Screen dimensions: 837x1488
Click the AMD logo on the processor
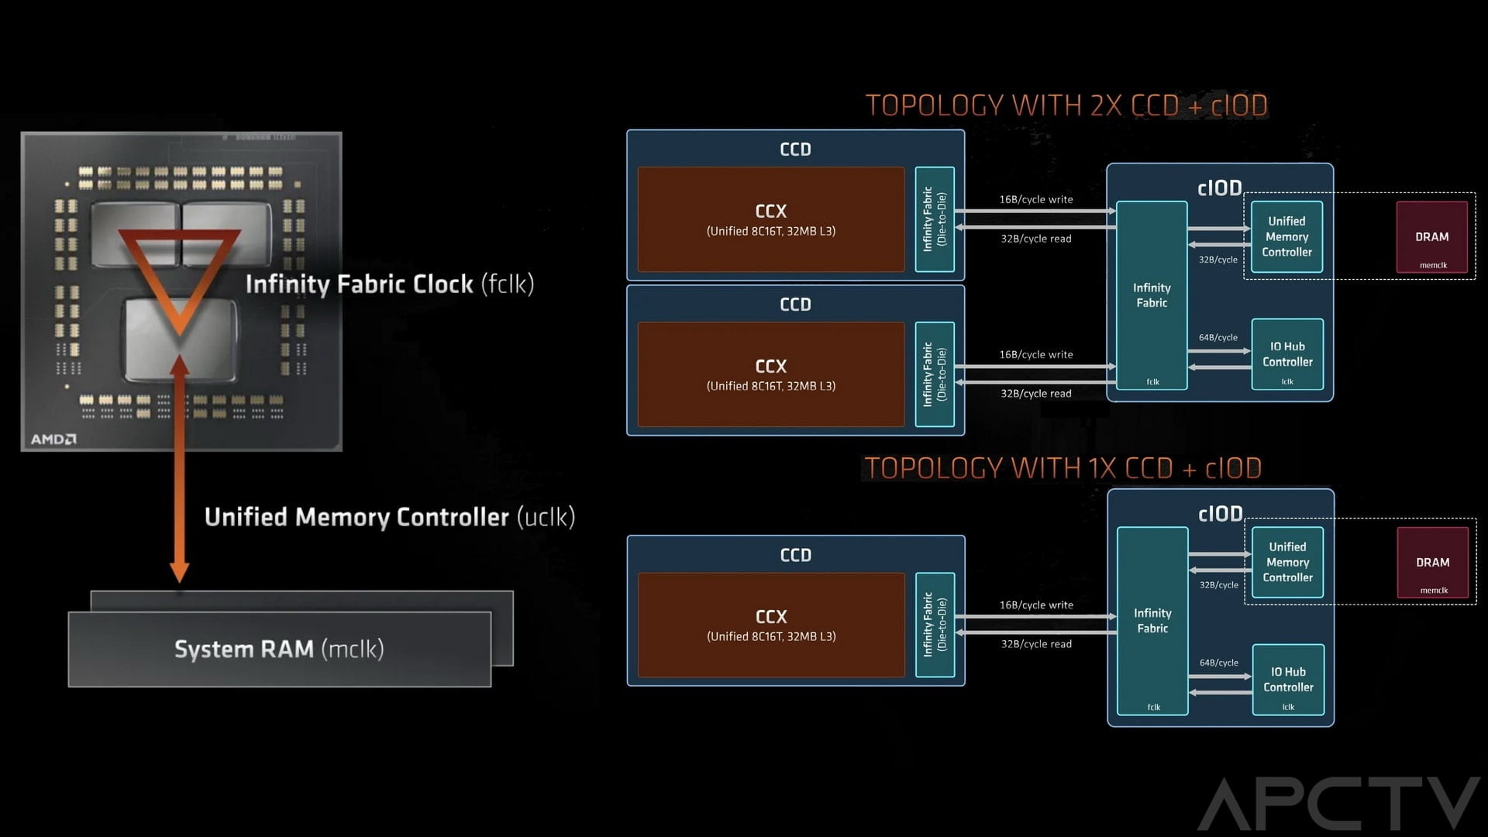click(53, 439)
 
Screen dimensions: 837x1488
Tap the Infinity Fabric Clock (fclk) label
click(389, 284)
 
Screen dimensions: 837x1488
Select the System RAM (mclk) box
click(279, 649)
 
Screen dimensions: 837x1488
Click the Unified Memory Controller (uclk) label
click(389, 517)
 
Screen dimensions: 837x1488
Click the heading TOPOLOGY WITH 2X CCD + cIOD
click(1066, 105)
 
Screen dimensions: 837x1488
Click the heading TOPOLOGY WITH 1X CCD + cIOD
click(1063, 468)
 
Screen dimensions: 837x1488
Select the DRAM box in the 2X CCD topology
click(1431, 237)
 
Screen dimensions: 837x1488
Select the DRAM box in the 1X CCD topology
click(1432, 563)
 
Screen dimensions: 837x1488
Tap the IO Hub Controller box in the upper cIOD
click(1286, 354)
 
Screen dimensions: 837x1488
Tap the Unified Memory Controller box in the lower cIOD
click(1287, 562)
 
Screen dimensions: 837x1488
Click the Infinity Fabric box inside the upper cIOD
click(1152, 295)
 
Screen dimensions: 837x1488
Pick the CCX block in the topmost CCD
click(770, 219)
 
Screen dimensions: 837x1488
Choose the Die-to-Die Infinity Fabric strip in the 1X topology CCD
click(934, 625)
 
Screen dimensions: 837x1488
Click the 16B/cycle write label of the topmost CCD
click(1035, 199)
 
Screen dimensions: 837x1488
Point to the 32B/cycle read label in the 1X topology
click(1035, 644)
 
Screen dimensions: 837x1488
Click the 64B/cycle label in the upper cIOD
click(1218, 337)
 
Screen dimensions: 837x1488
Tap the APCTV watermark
click(1338, 803)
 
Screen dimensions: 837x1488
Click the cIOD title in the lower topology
click(1220, 514)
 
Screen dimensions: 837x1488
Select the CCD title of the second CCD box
click(795, 305)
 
